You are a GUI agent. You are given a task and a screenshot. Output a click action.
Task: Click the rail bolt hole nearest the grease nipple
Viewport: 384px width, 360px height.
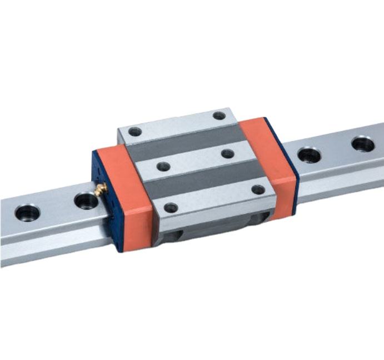[x=86, y=200]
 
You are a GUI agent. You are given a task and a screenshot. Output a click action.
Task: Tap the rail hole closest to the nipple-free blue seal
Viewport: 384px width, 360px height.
[x=309, y=154]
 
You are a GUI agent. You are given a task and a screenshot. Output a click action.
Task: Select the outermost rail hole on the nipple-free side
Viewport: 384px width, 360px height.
[x=362, y=144]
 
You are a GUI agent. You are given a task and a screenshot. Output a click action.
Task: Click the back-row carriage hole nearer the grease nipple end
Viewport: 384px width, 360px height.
[x=135, y=132]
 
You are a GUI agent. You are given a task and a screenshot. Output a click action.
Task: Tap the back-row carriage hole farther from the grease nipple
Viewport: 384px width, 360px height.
[x=220, y=116]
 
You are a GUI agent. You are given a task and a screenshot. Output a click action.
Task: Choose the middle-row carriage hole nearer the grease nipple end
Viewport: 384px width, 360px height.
[x=163, y=166]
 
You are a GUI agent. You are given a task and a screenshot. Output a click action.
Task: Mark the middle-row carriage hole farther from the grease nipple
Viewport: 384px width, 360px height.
[x=227, y=153]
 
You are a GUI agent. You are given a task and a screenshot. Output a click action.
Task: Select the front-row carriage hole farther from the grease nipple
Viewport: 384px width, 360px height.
[x=258, y=189]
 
